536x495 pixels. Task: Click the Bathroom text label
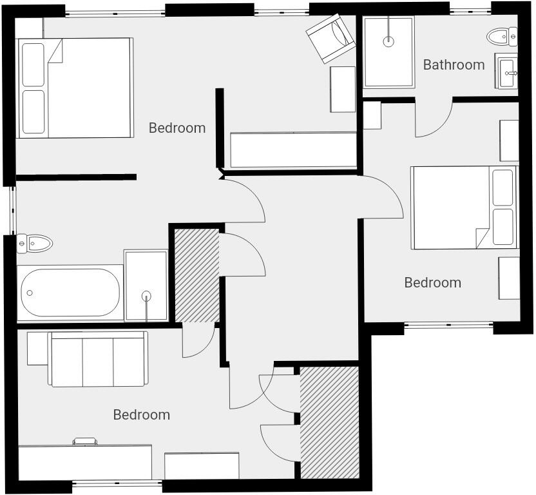tap(454, 64)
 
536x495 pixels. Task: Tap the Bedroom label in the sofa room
tap(141, 414)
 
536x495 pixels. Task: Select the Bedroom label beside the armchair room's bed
tap(177, 128)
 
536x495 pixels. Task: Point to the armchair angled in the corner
tap(330, 39)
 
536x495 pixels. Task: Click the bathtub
tap(70, 293)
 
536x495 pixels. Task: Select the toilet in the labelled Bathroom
tap(501, 36)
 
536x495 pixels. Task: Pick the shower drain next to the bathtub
tap(146, 296)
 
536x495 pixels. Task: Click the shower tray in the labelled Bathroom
tap(388, 52)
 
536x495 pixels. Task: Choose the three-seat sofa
tap(98, 360)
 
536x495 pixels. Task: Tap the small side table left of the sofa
tap(37, 348)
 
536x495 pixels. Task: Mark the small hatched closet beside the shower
tap(197, 275)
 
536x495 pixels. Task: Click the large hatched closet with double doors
tap(329, 422)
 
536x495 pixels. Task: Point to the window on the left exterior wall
tap(12, 210)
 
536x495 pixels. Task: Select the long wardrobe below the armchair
tap(294, 150)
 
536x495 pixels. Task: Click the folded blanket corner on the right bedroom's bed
tap(483, 237)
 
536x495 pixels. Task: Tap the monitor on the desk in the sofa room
tap(85, 442)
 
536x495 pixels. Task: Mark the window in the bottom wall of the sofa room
tap(117, 483)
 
